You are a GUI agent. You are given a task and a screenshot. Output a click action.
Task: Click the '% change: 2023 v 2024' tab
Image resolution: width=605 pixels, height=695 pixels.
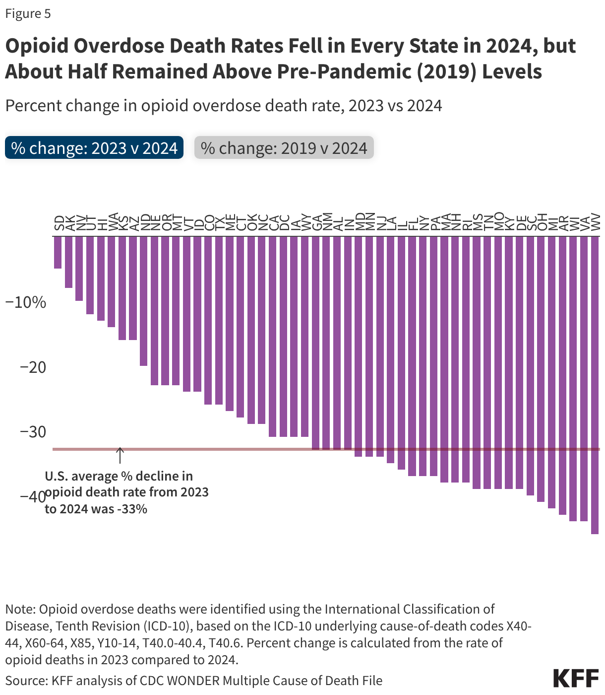tap(94, 148)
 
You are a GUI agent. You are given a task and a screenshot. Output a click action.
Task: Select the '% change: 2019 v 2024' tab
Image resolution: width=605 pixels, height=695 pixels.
tap(284, 148)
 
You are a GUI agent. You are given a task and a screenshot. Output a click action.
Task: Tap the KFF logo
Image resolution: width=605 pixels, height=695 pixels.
tap(576, 678)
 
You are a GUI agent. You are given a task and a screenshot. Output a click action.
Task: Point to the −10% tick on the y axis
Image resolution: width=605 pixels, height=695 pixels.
tap(25, 302)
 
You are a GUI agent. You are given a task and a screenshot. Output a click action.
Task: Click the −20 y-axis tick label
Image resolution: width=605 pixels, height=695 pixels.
tap(33, 367)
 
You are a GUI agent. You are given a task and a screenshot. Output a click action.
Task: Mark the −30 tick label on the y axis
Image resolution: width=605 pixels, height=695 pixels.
tap(33, 432)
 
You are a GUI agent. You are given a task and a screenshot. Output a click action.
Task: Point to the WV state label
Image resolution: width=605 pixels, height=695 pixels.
tap(596, 222)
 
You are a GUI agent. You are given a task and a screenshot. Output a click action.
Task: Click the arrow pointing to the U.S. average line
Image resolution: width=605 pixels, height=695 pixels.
tap(120, 455)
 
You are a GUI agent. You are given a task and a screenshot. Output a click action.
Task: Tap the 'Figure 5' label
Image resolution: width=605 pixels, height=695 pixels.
tap(28, 13)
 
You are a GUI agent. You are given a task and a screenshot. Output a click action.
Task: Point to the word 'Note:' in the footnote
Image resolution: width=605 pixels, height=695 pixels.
tap(20, 609)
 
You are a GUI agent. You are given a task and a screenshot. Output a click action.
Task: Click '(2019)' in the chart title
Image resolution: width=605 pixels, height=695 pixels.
tap(447, 72)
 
